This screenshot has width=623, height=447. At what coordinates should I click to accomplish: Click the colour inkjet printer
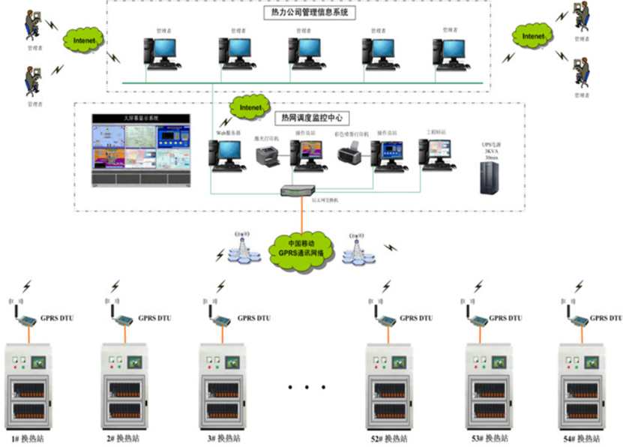coord(350,156)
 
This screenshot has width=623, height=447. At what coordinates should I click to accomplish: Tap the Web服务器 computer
coord(226,154)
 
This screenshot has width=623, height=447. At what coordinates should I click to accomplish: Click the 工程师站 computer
coord(435,153)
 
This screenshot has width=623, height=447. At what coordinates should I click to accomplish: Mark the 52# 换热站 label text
coord(388,438)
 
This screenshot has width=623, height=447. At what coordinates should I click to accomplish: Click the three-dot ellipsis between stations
coord(307,388)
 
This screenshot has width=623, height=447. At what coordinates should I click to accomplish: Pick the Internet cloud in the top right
coord(532,35)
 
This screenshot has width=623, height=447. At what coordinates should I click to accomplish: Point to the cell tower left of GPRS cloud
coord(241,248)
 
